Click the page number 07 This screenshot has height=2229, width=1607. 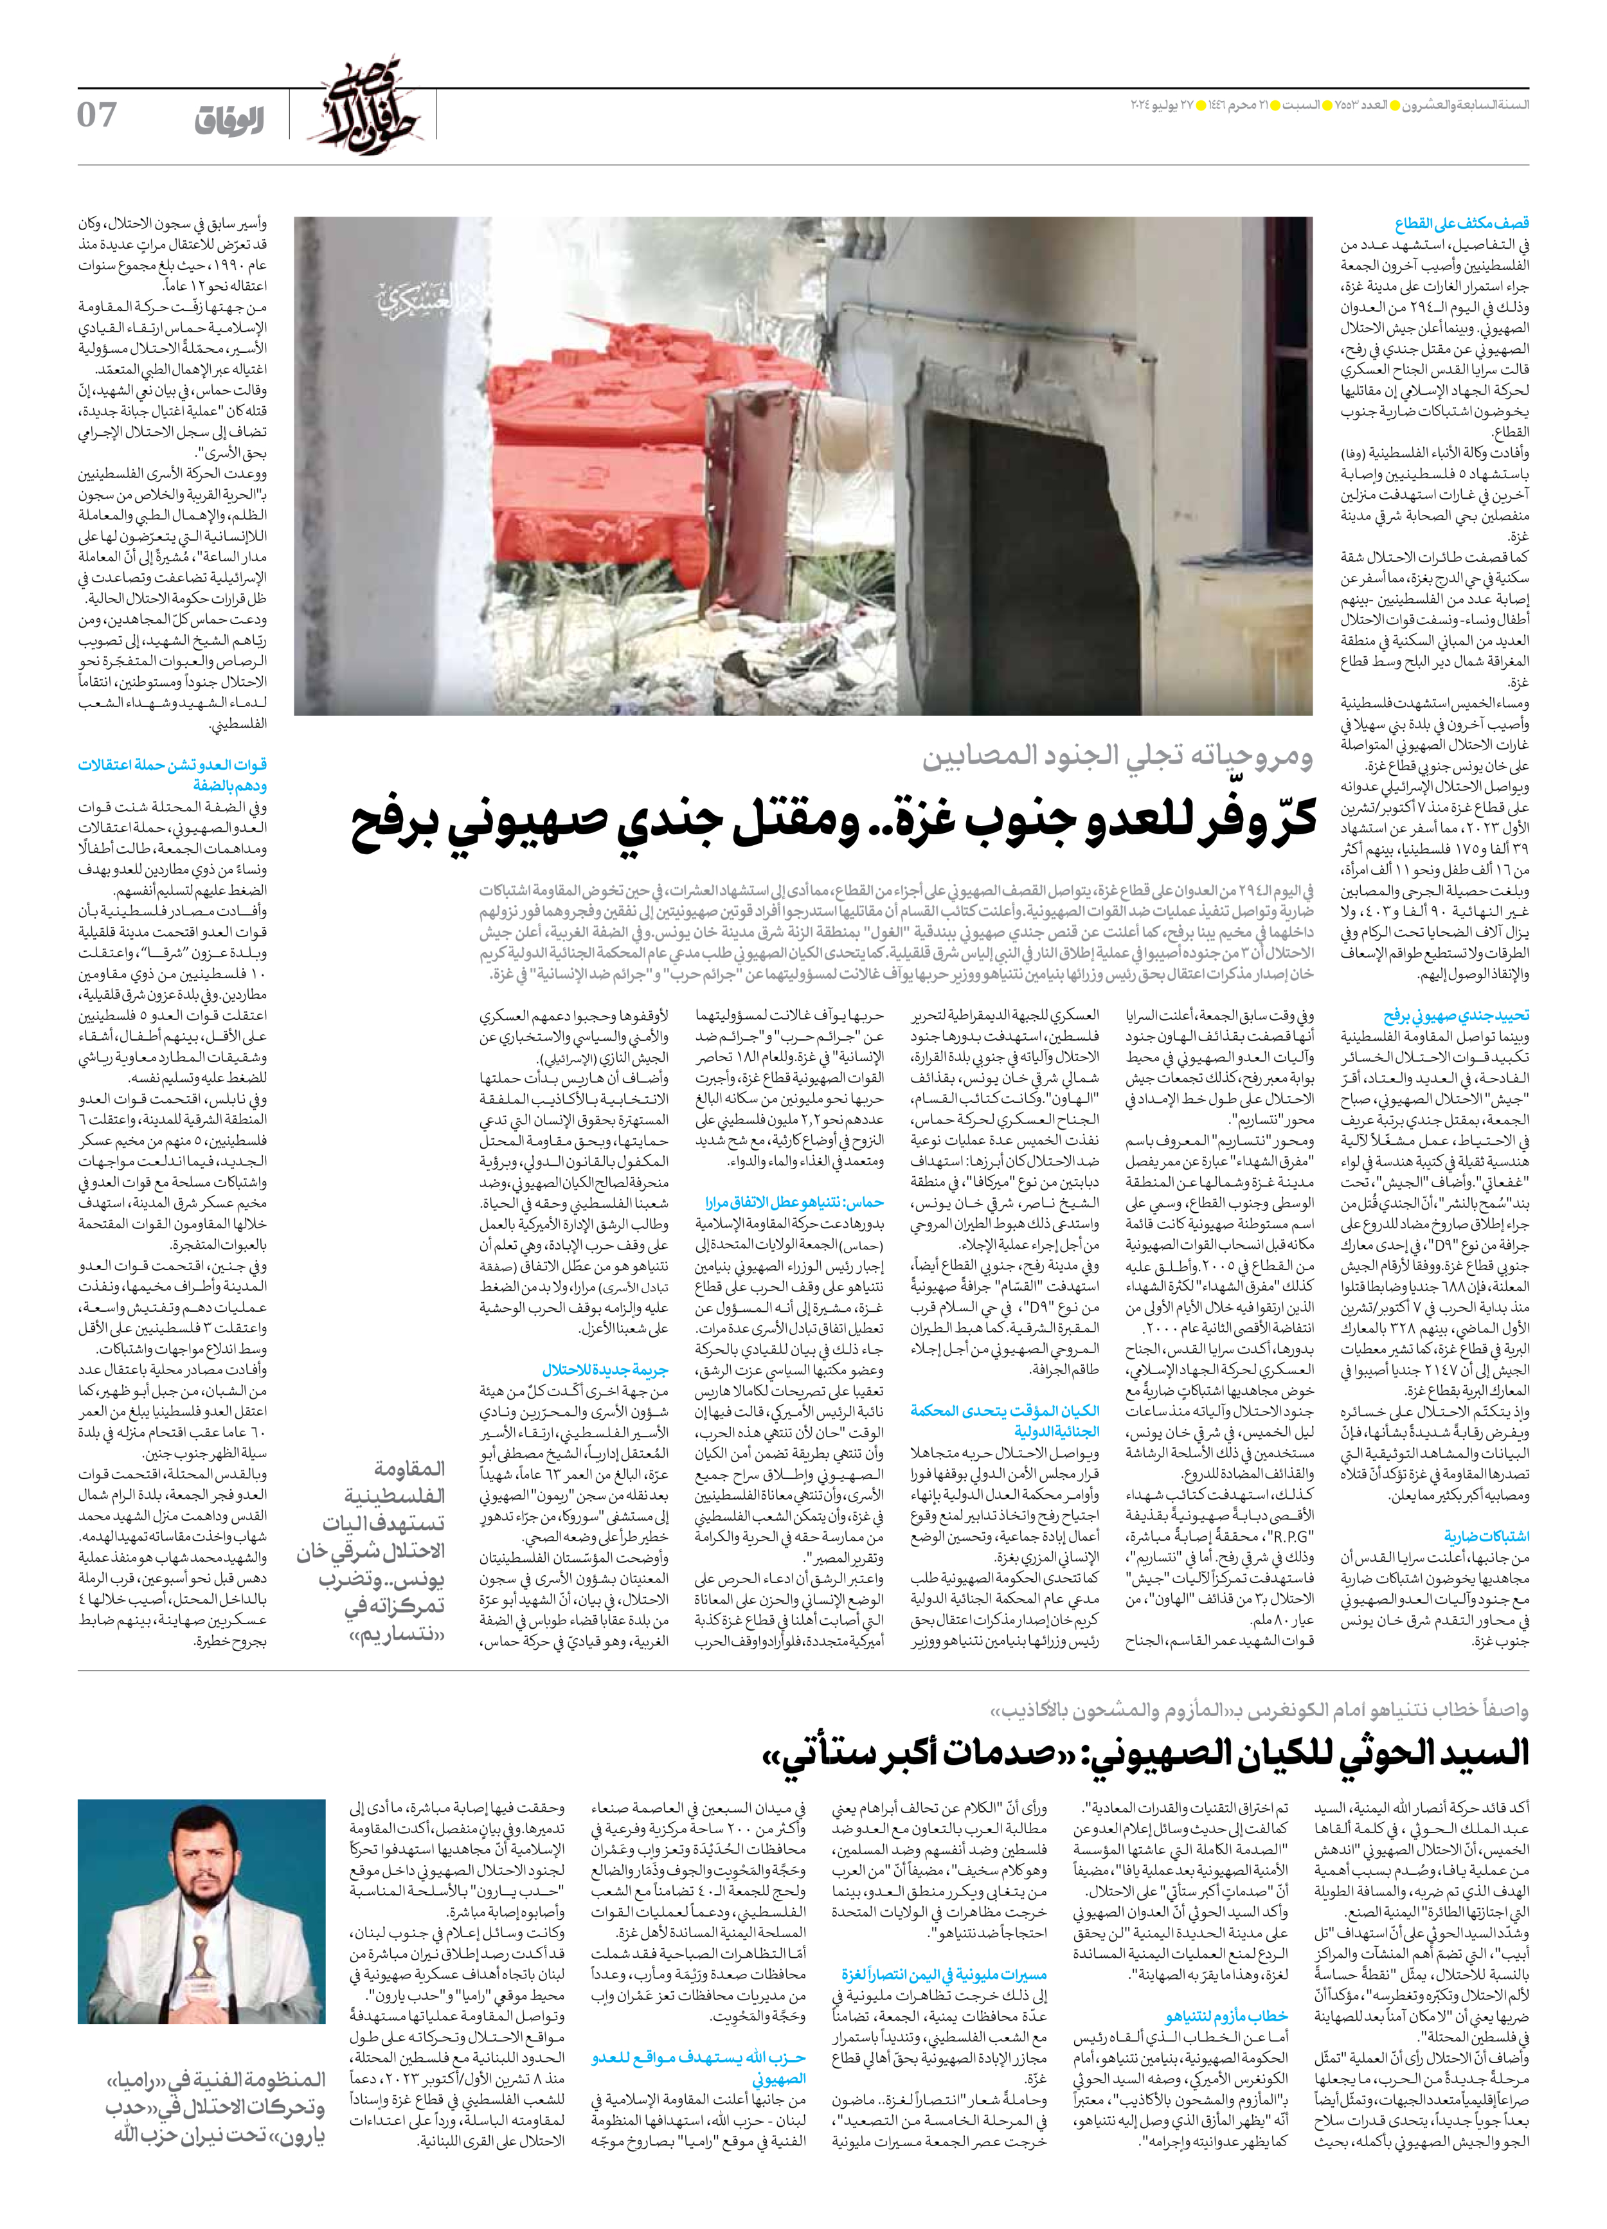[97, 116]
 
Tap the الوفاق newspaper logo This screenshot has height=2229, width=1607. [229, 122]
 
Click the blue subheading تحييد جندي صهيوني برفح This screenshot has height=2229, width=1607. [1456, 1016]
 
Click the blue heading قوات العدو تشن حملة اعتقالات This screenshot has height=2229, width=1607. [172, 765]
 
